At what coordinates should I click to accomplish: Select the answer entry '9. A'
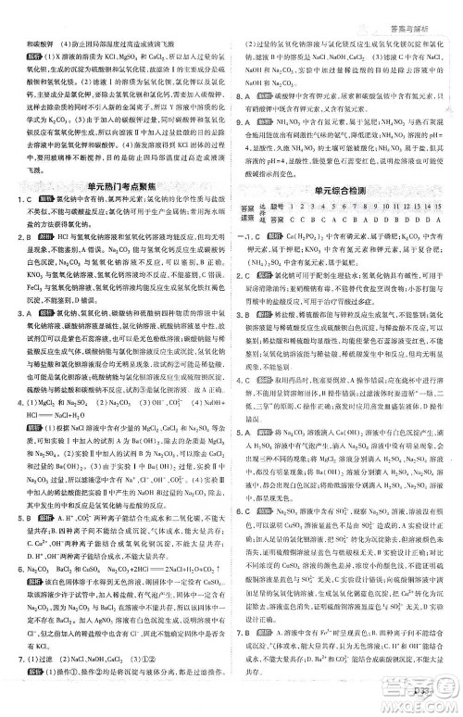click(242, 122)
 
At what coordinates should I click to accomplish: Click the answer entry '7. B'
click(242, 632)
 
